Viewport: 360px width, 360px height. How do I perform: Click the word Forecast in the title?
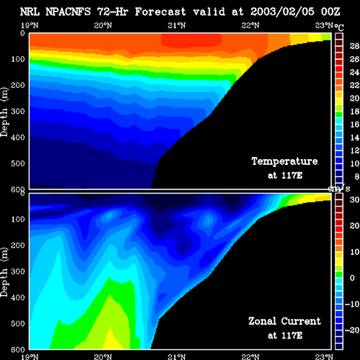161,12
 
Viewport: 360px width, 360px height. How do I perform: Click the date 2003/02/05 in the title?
282,12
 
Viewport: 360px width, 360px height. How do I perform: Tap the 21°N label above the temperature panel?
176,25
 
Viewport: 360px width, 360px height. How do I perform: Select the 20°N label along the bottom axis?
103,357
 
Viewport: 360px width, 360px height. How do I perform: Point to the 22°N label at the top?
251,25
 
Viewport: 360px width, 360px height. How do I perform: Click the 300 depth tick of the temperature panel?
18,111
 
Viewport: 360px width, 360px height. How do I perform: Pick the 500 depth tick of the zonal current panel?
18,323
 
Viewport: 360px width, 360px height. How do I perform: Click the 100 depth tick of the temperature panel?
18,59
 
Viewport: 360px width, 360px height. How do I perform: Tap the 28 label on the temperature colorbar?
354,46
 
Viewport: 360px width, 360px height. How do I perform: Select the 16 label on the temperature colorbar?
354,125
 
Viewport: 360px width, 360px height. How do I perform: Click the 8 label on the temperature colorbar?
356,176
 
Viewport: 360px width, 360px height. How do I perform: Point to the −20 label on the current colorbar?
352,330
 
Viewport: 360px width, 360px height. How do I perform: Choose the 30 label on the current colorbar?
354,199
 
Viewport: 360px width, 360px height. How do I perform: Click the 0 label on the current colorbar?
352,278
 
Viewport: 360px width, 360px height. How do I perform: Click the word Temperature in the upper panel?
284,161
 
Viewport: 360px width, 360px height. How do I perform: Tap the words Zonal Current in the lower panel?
284,321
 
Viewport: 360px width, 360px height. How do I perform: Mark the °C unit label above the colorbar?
339,27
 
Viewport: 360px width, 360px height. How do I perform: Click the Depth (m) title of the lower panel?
4,272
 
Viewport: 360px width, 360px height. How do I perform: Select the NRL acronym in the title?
30,12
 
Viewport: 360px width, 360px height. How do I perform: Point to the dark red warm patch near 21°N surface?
192,40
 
